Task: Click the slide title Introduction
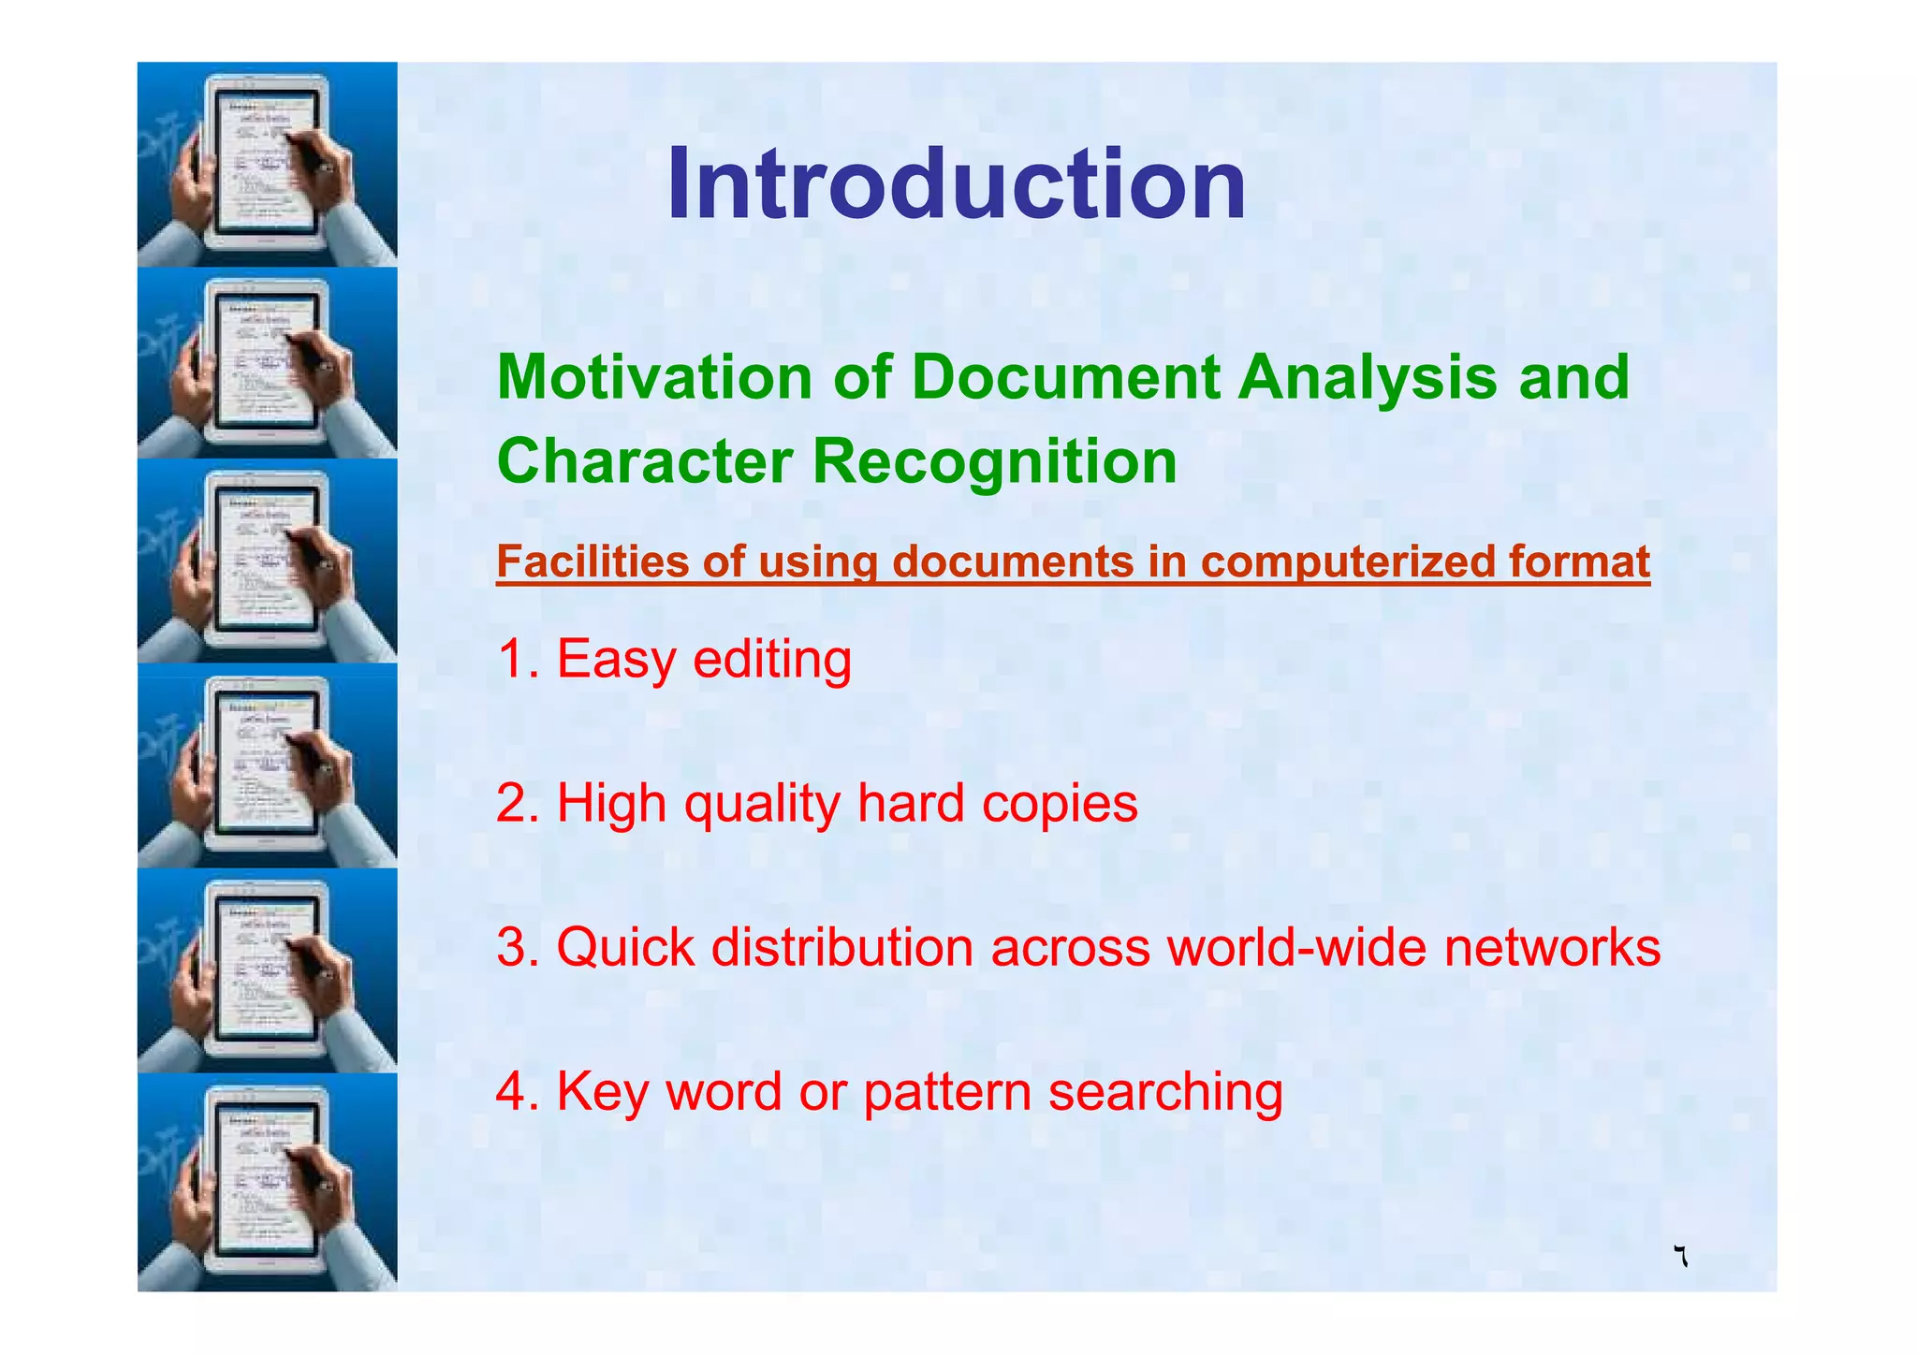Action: (956, 184)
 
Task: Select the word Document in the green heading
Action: (1066, 377)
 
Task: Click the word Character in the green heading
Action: (645, 461)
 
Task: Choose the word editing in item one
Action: (772, 659)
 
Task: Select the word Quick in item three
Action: (625, 947)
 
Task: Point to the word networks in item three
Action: (1552, 947)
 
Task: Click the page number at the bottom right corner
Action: (1681, 1257)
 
